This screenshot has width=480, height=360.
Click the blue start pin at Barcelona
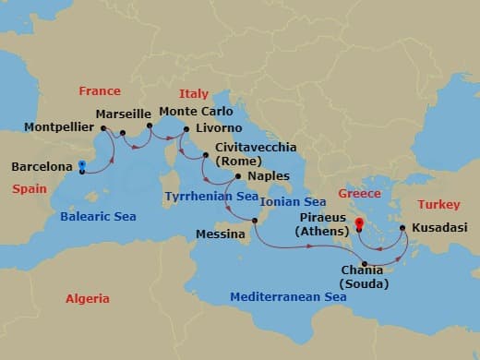coord(82,167)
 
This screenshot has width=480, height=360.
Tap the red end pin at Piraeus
coord(358,223)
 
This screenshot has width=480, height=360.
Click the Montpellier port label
coord(56,126)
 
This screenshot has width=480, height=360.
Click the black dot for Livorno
coord(186,129)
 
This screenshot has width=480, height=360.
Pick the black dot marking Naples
coord(239,176)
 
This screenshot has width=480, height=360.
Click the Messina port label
coord(221,234)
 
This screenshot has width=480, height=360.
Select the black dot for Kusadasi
coord(402,227)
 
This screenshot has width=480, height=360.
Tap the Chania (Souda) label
coord(363,277)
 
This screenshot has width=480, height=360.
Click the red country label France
coord(100,91)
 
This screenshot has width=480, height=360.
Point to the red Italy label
coord(194,93)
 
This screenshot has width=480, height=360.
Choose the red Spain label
coord(30,188)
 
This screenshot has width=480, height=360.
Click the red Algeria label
coord(88,298)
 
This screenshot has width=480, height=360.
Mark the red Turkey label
coord(438,204)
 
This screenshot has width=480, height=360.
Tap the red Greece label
coord(359,194)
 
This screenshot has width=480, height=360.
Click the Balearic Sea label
coord(97,217)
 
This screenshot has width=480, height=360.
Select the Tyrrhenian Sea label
coord(210,197)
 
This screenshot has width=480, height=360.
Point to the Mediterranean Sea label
coord(288,297)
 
